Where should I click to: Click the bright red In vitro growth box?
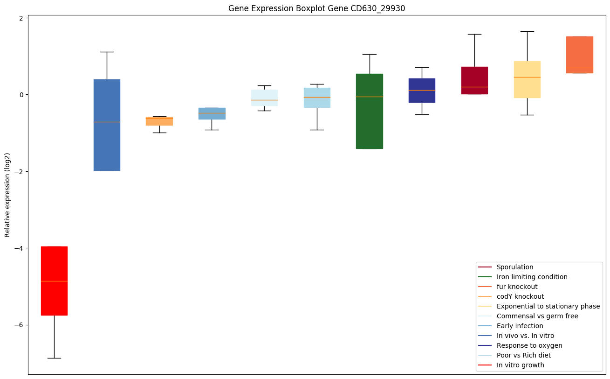tap(54, 281)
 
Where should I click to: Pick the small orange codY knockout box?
tap(159, 121)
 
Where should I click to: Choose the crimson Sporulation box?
tap(474, 80)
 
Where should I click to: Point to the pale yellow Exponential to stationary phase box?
tap(527, 79)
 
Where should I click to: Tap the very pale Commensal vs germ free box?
tap(264, 98)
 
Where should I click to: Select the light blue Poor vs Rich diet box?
tap(317, 98)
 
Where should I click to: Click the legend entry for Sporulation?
tap(514, 267)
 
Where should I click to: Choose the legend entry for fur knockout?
tap(517, 287)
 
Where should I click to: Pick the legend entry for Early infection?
tap(520, 326)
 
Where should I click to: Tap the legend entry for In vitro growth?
tap(520, 365)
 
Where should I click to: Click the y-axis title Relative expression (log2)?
tap(7, 195)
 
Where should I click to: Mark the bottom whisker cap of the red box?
tap(54, 358)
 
